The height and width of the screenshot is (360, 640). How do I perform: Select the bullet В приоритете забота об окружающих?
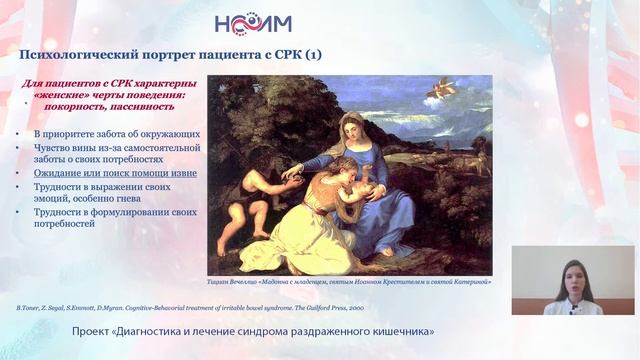tap(116, 133)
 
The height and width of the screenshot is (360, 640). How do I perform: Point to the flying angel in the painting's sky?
tap(439, 91)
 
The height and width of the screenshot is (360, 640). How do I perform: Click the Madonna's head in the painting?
tap(355, 129)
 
